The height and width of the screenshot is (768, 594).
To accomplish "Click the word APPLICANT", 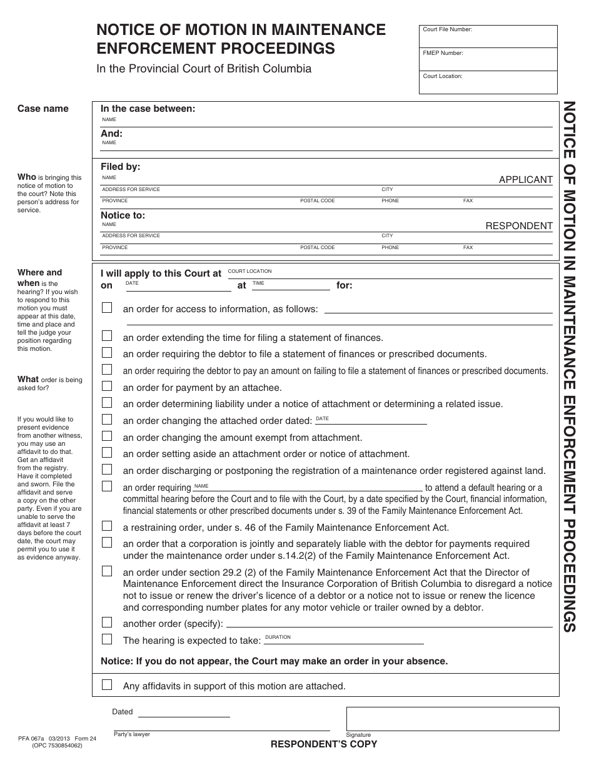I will (525, 180).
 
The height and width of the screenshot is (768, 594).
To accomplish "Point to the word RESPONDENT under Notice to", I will (519, 226).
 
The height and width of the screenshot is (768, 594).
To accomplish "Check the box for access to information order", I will (107, 308).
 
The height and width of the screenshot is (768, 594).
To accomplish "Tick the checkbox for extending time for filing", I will (107, 337).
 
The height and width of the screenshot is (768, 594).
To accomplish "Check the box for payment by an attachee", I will (107, 386).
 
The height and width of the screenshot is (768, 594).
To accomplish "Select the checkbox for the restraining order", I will (107, 526).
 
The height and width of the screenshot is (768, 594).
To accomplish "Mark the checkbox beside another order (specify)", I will (107, 623).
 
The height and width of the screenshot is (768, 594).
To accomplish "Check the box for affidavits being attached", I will (107, 685).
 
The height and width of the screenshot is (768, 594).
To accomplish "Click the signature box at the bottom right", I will (452, 719).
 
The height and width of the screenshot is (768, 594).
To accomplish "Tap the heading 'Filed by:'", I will (121, 167).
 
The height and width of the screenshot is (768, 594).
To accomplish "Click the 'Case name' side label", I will (43, 109).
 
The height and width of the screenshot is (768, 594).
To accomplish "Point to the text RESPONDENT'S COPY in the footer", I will (323, 744).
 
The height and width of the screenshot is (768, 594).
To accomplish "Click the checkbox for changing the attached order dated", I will (107, 420).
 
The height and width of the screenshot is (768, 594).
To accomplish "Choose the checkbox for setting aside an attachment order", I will (107, 453).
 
